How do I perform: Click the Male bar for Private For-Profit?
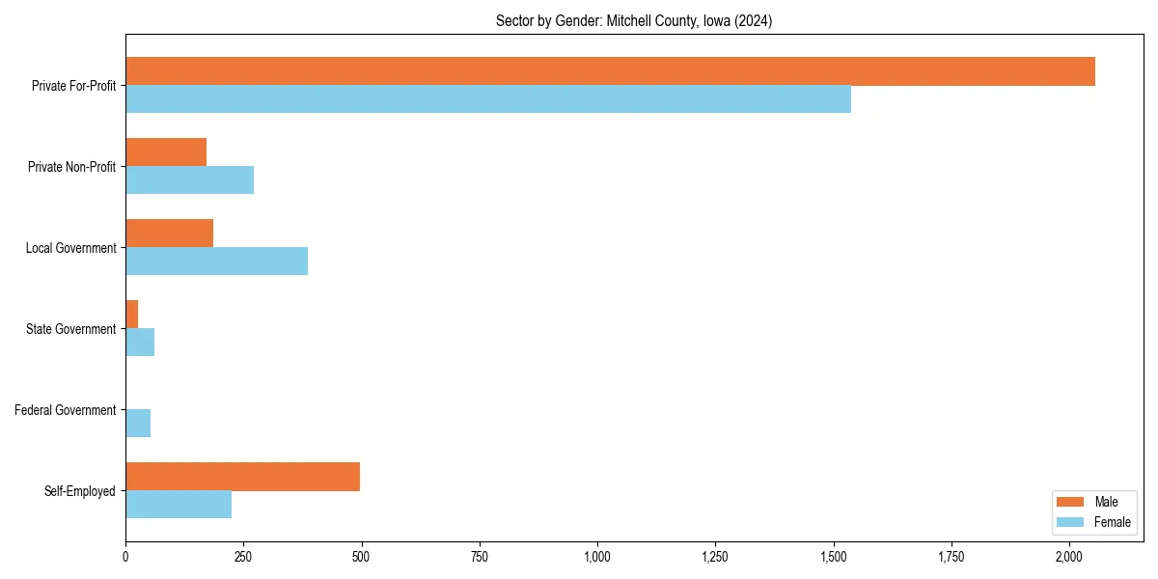(x=610, y=71)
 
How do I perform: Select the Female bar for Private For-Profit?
(x=488, y=99)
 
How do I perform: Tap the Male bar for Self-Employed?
(x=242, y=477)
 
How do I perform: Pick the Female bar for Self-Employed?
(x=179, y=505)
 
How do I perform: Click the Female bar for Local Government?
(x=216, y=262)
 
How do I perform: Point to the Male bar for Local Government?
(x=169, y=234)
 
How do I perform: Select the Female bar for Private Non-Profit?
(x=189, y=180)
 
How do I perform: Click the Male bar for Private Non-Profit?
(x=166, y=152)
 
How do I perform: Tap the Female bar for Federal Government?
(x=138, y=424)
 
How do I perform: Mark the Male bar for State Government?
(x=132, y=315)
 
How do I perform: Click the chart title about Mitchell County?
(x=633, y=20)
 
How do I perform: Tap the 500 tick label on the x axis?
(x=361, y=557)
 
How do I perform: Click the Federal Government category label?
(x=66, y=410)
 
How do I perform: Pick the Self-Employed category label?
(x=80, y=491)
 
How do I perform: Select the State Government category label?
(x=71, y=329)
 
